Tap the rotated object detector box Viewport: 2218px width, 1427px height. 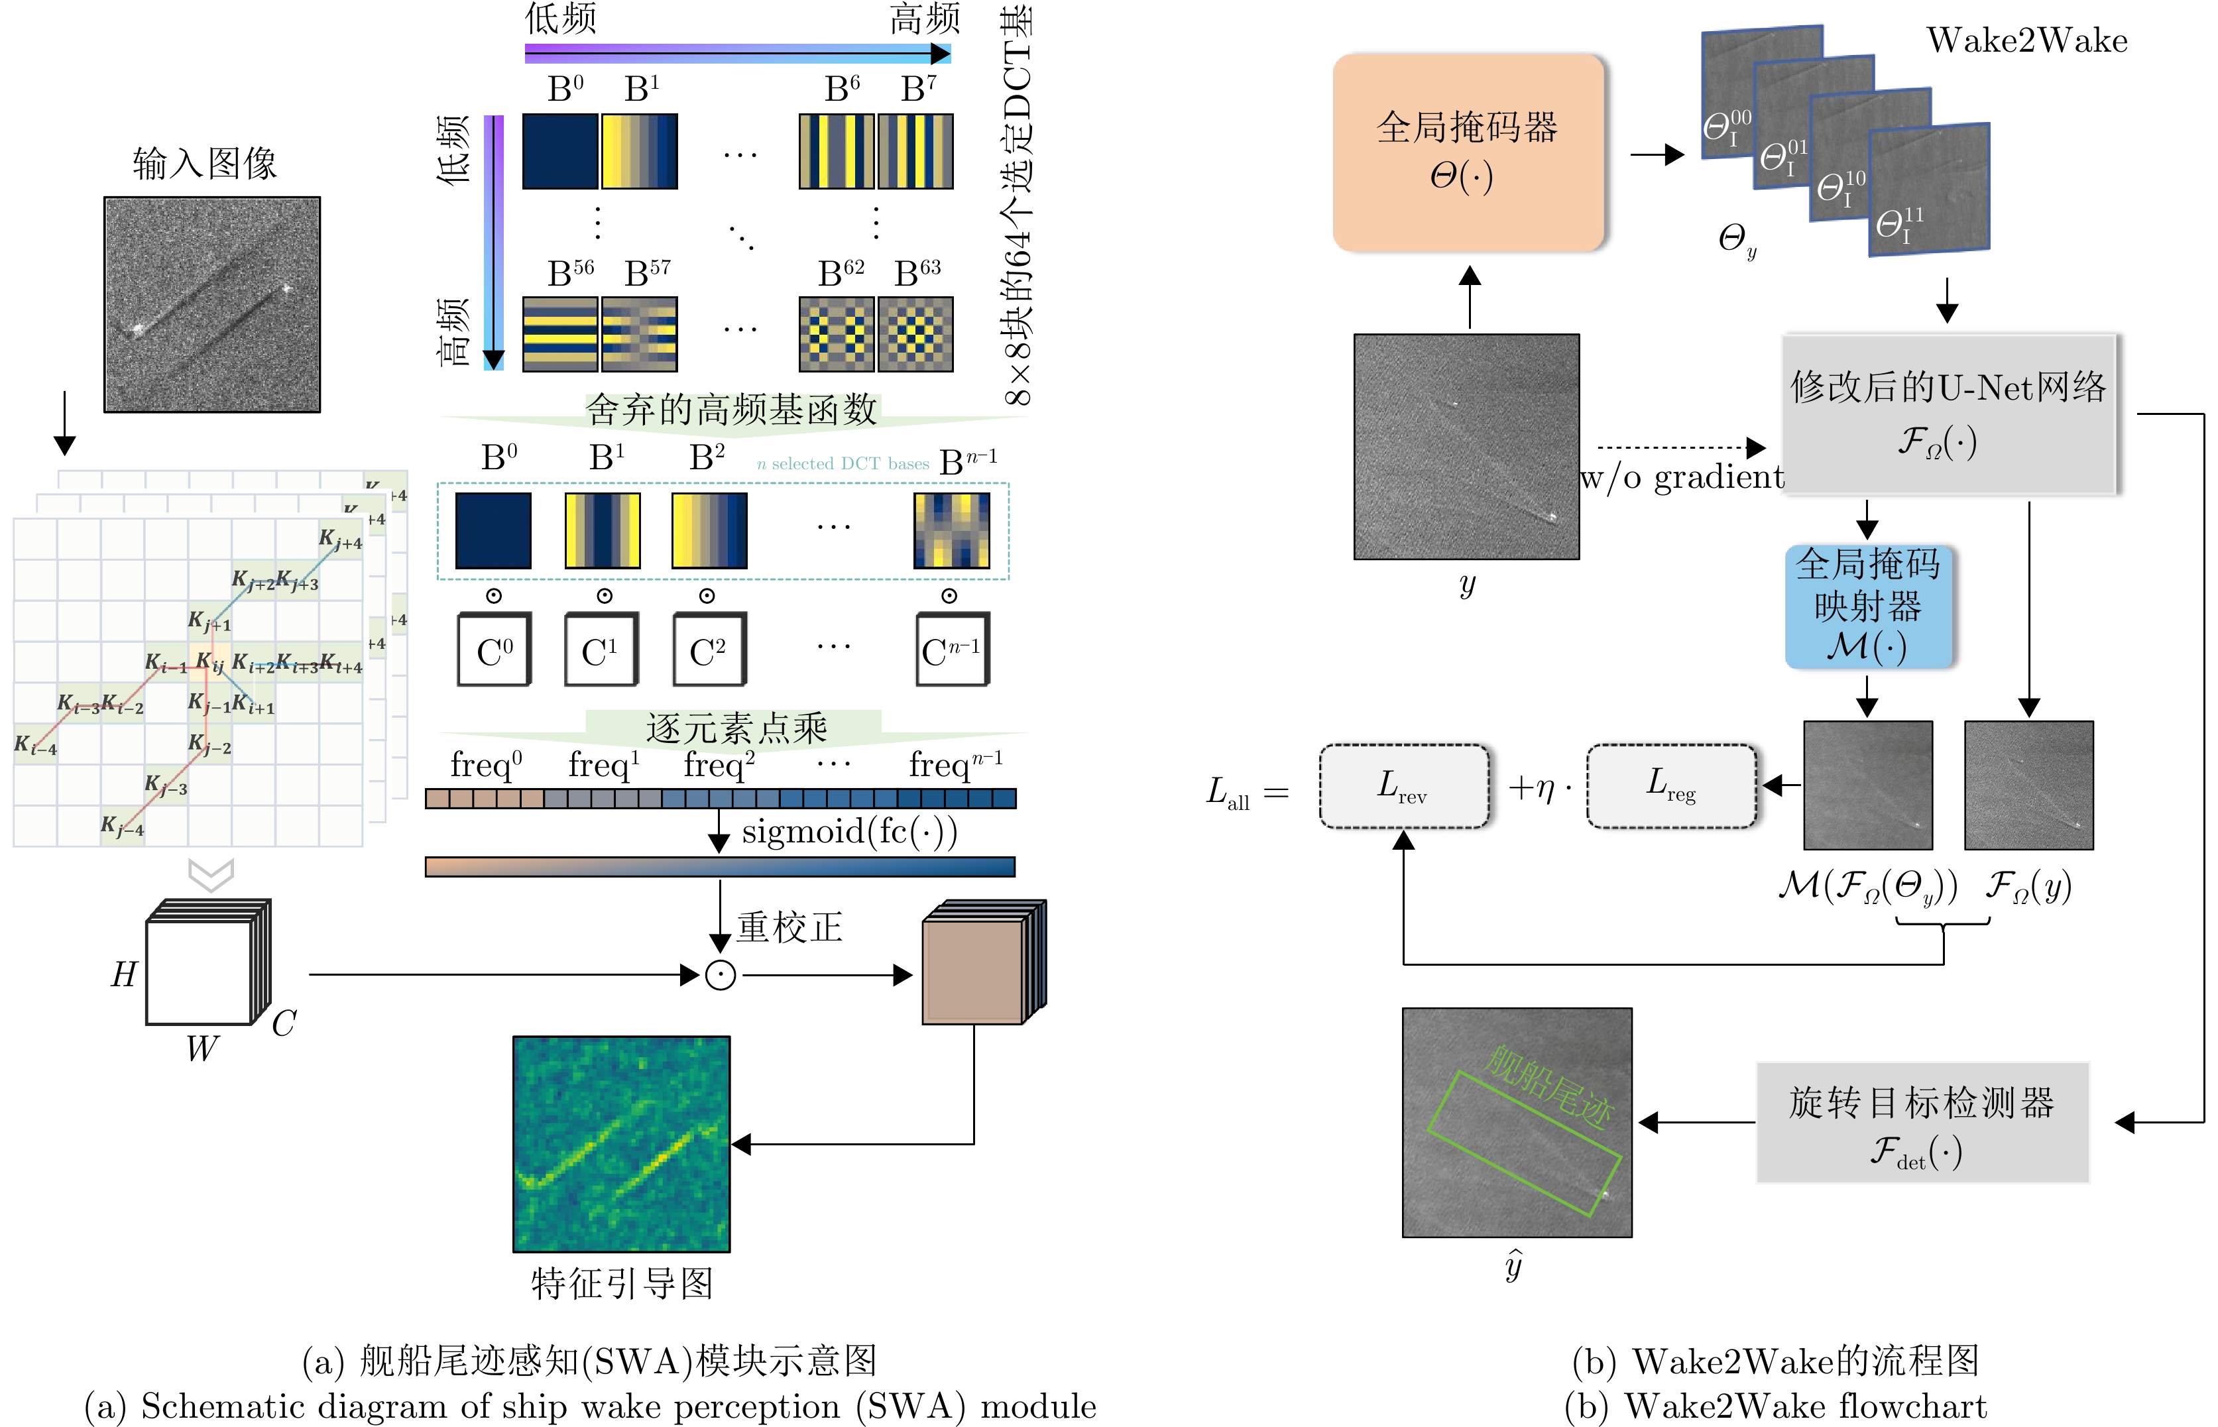click(1922, 1123)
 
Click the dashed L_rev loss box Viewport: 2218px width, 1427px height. click(1403, 787)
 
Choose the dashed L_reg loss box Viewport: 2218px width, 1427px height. click(1670, 786)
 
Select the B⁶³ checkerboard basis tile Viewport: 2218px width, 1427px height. click(915, 333)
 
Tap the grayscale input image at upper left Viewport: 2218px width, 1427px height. click(212, 304)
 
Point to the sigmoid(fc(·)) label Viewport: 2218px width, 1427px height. click(848, 832)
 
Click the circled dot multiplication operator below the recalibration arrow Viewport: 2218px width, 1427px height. click(720, 975)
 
